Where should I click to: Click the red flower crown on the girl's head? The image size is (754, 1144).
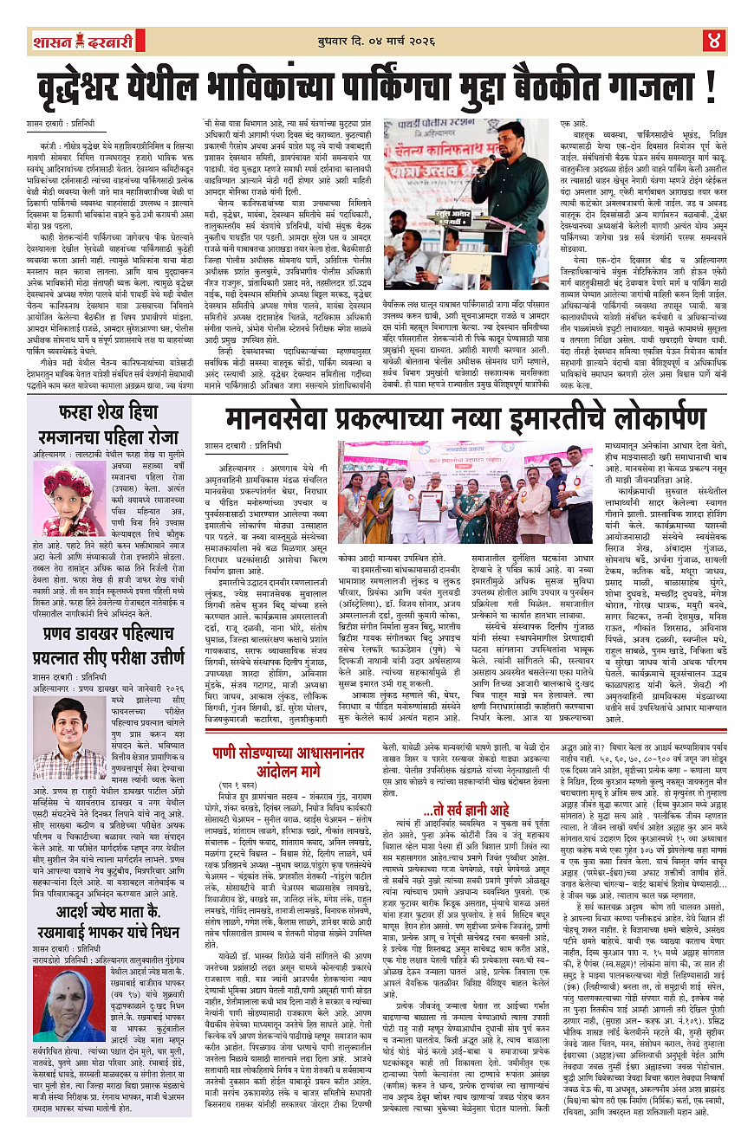68,477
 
